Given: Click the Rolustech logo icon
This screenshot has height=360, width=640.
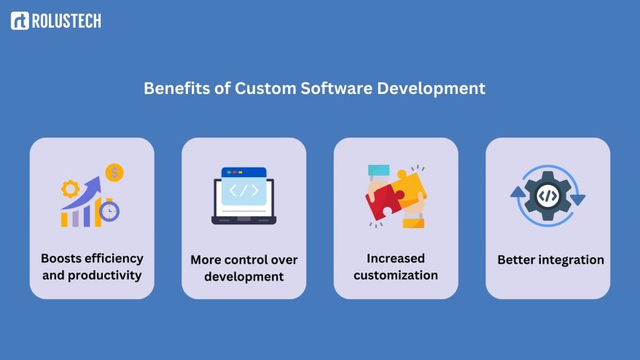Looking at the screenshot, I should tap(20, 21).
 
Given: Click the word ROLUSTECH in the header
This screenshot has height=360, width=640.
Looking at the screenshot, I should tap(66, 21).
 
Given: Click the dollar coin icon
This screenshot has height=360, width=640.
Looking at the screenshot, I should tap(114, 173).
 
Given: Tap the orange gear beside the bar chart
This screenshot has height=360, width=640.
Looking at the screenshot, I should tap(71, 189).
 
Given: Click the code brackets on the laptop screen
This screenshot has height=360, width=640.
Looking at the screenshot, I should tap(243, 191).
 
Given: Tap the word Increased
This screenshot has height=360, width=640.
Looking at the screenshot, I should tap(395, 258).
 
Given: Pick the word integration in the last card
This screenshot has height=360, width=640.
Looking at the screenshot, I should tap(569, 259).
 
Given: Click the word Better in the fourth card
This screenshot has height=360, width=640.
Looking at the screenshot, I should tap(515, 259).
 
